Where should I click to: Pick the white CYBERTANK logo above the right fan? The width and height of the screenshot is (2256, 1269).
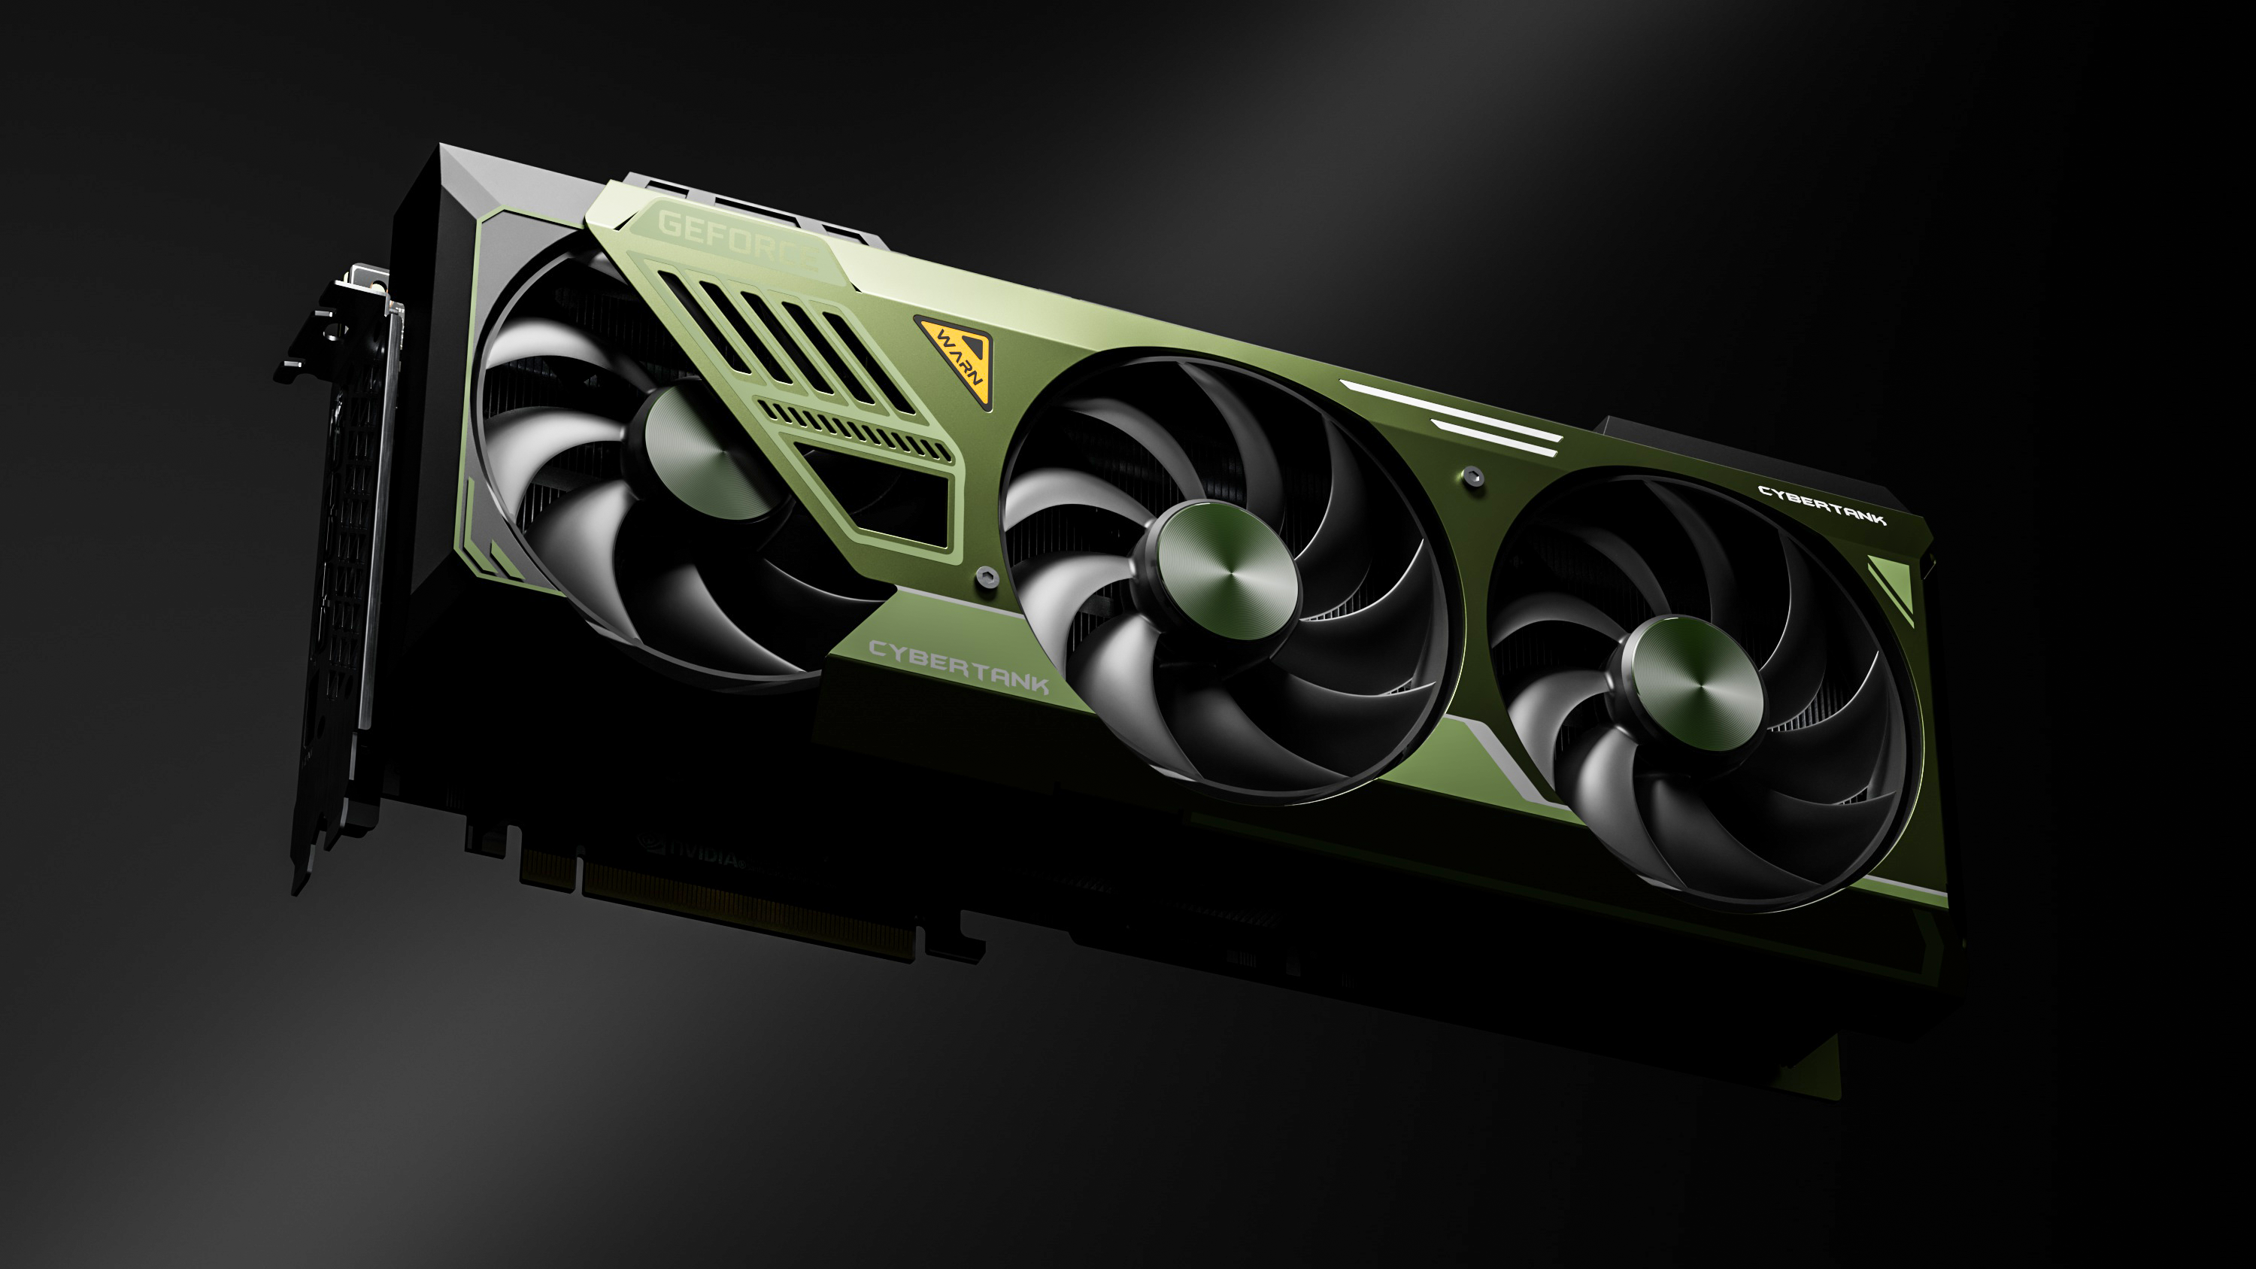click(1821, 505)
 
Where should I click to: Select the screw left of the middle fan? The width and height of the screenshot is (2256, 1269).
click(986, 575)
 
